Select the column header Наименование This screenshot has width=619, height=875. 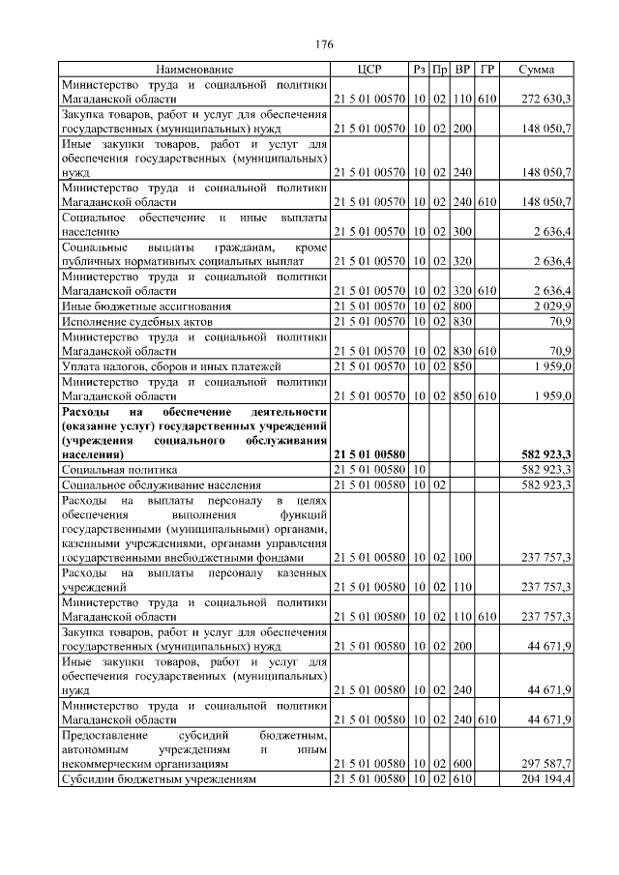(194, 71)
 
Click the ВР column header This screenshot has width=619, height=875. (462, 71)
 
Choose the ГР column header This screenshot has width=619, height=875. (487, 71)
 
